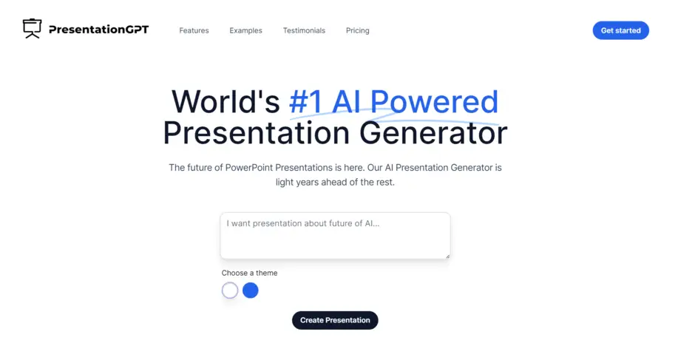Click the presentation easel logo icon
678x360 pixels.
click(32, 29)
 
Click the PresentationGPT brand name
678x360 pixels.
click(98, 30)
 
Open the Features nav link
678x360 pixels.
click(194, 30)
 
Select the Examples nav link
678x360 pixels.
click(245, 30)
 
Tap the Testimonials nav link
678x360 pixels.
click(304, 30)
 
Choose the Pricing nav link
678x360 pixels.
click(357, 30)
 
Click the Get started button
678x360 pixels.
click(620, 30)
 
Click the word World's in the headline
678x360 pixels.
click(226, 101)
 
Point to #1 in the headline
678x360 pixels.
click(305, 101)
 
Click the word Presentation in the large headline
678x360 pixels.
click(256, 133)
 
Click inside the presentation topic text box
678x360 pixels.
click(334, 237)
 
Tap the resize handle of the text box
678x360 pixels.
click(447, 256)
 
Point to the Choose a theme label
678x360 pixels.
click(249, 273)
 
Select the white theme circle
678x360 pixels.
click(230, 291)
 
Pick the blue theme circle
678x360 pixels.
click(251, 291)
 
